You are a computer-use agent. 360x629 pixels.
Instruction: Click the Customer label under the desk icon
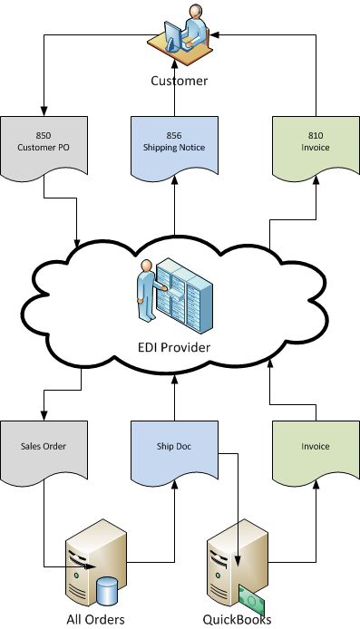point(179,81)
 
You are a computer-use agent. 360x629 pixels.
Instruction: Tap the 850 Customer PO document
point(44,144)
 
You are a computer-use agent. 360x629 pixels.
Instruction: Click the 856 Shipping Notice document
point(173,144)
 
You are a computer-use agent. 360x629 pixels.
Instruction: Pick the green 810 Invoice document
point(316,144)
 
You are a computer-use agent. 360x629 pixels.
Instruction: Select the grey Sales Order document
point(44,450)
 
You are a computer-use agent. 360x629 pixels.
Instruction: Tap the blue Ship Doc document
point(173,450)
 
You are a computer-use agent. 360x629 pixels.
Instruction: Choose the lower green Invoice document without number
point(316,450)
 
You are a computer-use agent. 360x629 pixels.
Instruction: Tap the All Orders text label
point(94,619)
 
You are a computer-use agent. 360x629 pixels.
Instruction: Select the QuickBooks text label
point(238,619)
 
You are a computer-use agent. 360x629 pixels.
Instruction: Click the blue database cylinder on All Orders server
point(109,591)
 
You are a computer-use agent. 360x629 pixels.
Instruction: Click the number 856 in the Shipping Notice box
point(173,135)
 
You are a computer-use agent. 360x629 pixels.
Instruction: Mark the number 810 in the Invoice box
point(316,135)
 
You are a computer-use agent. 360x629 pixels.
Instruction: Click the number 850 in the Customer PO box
point(44,135)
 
